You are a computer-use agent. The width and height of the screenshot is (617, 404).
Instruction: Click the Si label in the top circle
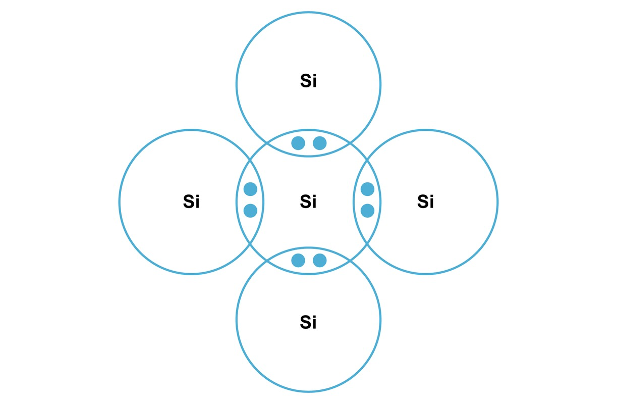[308, 81]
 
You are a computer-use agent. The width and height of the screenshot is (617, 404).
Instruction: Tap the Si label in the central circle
[308, 201]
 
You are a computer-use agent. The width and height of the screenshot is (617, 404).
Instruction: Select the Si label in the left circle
[191, 201]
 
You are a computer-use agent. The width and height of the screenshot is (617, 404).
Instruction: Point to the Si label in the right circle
[425, 201]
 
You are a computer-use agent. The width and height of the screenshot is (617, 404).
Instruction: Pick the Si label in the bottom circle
[308, 322]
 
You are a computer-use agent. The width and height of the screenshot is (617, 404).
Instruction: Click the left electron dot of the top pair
[298, 143]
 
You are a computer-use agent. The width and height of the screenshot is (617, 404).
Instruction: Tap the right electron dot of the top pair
[320, 143]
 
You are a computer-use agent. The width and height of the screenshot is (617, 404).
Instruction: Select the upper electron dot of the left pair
[250, 189]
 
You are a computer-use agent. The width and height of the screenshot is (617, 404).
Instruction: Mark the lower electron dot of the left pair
[250, 211]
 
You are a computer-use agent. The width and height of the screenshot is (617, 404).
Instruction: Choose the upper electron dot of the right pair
[368, 189]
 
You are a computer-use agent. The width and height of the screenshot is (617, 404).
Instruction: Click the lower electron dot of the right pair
[368, 211]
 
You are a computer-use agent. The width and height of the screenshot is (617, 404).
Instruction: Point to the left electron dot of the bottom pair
[298, 261]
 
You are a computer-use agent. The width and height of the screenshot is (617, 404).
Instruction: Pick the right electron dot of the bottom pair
[320, 261]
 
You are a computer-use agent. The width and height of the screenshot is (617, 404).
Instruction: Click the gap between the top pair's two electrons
[309, 143]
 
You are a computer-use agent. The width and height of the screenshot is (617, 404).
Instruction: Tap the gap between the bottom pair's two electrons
[309, 261]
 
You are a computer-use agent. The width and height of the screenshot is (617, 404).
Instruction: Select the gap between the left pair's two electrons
[250, 200]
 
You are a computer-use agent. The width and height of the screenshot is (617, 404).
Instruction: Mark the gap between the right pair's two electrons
[368, 200]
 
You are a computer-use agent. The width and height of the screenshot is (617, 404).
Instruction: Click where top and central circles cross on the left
[267, 143]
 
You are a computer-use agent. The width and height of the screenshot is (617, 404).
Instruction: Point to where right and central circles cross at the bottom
[367, 244]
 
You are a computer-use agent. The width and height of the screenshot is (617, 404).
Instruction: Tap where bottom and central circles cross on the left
[267, 261]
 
